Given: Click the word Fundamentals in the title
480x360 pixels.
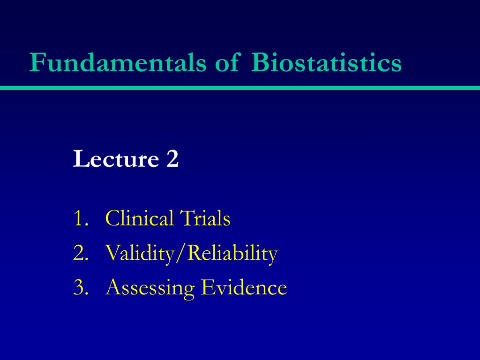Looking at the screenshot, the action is point(118,62).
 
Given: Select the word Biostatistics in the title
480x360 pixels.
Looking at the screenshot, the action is point(326,62).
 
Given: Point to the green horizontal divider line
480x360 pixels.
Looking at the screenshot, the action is point(240,88).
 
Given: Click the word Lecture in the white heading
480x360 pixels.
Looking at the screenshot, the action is point(116,158).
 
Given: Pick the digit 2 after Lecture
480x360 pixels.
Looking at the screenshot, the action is point(172,158).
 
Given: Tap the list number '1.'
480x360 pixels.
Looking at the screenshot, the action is point(81,218).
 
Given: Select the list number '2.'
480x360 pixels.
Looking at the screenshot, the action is point(81,253).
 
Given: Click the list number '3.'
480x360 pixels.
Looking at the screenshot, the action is point(81,287).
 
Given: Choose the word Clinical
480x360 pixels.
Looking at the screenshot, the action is point(139,218).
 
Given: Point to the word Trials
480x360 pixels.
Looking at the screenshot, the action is point(205,218).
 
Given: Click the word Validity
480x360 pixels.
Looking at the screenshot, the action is point(139,254).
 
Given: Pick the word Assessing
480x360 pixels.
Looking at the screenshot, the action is point(150,288).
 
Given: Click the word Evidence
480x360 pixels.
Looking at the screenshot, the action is point(244,287).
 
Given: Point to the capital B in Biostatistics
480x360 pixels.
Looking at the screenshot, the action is point(260,62).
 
